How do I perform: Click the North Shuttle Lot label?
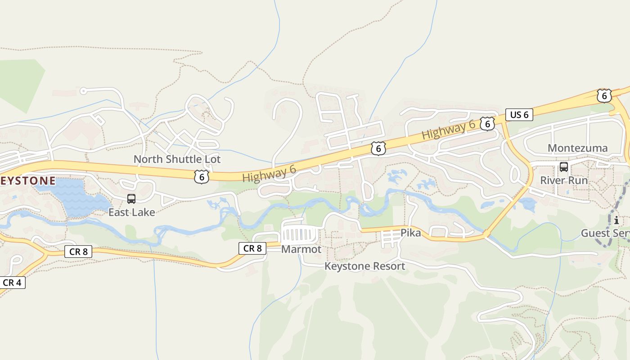tap(177, 159)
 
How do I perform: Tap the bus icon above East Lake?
tap(131, 199)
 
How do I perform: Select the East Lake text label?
tap(131, 212)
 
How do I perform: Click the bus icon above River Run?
tap(563, 167)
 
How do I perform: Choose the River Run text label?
tap(564, 180)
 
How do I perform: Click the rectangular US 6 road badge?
tap(519, 115)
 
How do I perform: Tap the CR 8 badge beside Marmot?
tap(252, 248)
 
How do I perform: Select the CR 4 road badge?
tap(12, 283)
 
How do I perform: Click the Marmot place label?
tap(301, 249)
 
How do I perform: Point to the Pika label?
tap(410, 233)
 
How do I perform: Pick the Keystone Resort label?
tap(364, 266)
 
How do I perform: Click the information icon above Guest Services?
tap(616, 220)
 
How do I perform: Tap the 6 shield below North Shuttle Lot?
tap(201, 177)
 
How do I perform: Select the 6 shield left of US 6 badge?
tap(487, 124)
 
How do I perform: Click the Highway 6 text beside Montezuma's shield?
tap(448, 130)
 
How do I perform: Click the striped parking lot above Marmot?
tap(299, 235)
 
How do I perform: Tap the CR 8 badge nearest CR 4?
tap(78, 252)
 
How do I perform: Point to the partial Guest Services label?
tap(605, 233)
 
